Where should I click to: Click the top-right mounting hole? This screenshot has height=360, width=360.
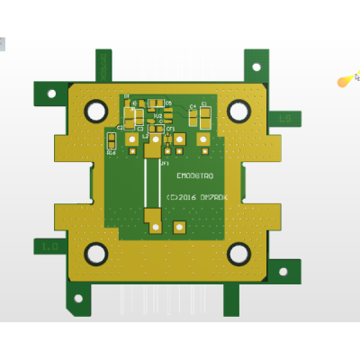click(x=238, y=111)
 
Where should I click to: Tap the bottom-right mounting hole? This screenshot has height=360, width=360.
click(x=238, y=254)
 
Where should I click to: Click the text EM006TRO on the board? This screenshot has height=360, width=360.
click(x=194, y=176)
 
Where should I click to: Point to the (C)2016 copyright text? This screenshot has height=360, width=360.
click(x=196, y=196)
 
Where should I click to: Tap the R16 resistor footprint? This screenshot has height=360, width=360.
click(x=112, y=153)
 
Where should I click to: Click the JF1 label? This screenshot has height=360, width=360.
click(x=165, y=164)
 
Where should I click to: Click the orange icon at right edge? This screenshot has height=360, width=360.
click(x=346, y=81)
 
